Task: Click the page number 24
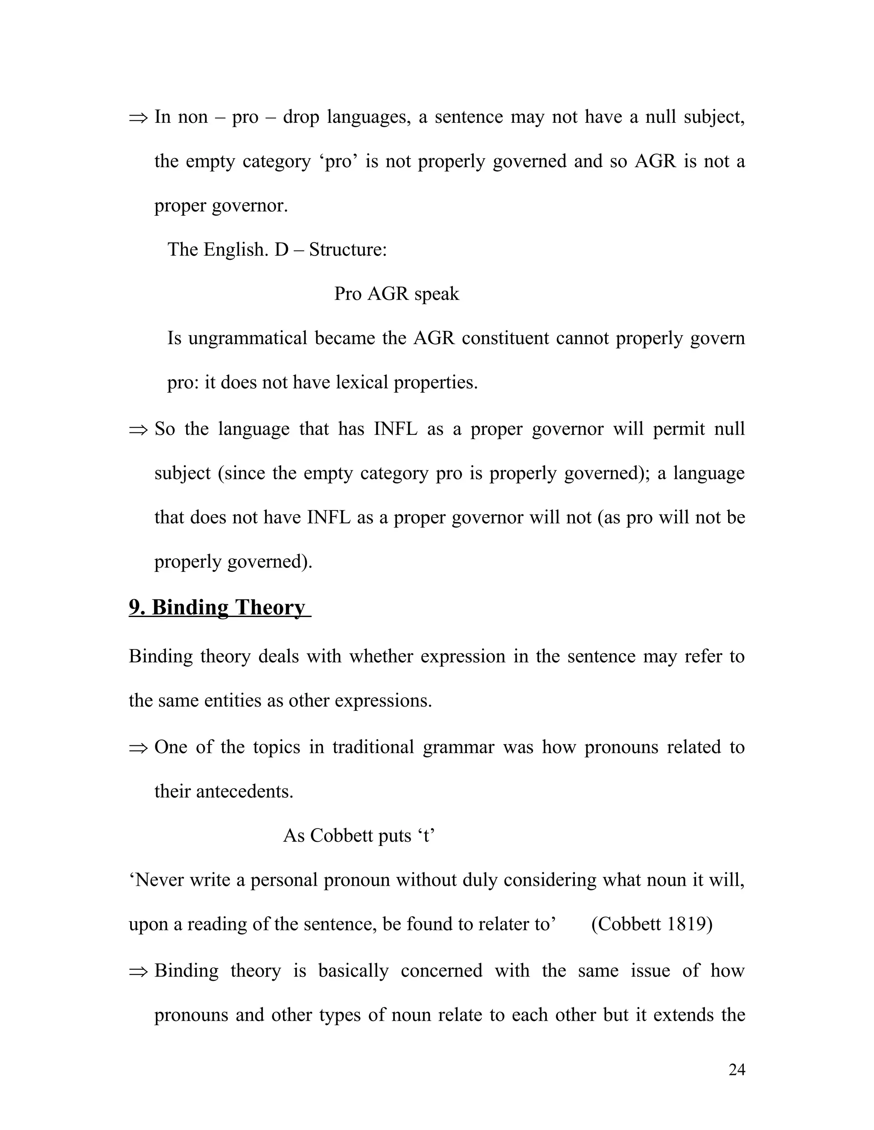[736, 1069]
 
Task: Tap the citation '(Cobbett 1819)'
[651, 924]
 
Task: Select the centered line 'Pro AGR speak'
[396, 294]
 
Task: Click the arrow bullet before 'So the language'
[138, 429]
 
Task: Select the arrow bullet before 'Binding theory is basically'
[138, 971]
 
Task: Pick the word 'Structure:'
[348, 250]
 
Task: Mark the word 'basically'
[353, 971]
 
